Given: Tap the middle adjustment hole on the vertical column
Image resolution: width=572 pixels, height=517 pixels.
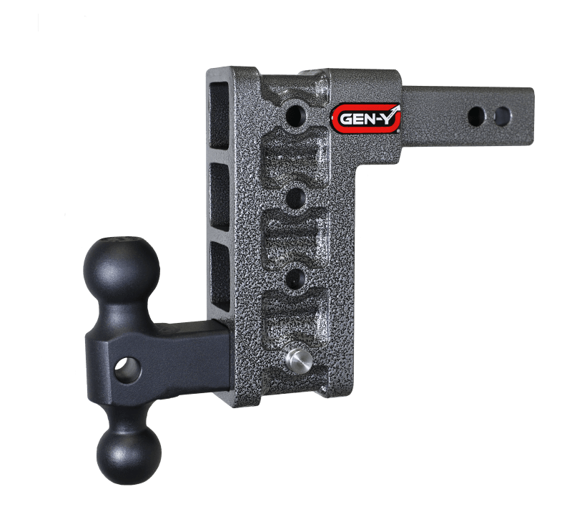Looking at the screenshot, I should (x=295, y=196).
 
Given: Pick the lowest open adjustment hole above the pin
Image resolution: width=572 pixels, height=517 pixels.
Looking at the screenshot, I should (x=295, y=276).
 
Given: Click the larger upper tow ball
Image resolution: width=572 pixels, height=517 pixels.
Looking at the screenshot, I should (x=123, y=270).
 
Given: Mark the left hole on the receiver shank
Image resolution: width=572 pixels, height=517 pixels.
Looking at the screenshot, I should (x=475, y=115).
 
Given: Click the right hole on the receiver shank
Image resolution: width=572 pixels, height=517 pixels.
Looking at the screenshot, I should (x=502, y=115).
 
